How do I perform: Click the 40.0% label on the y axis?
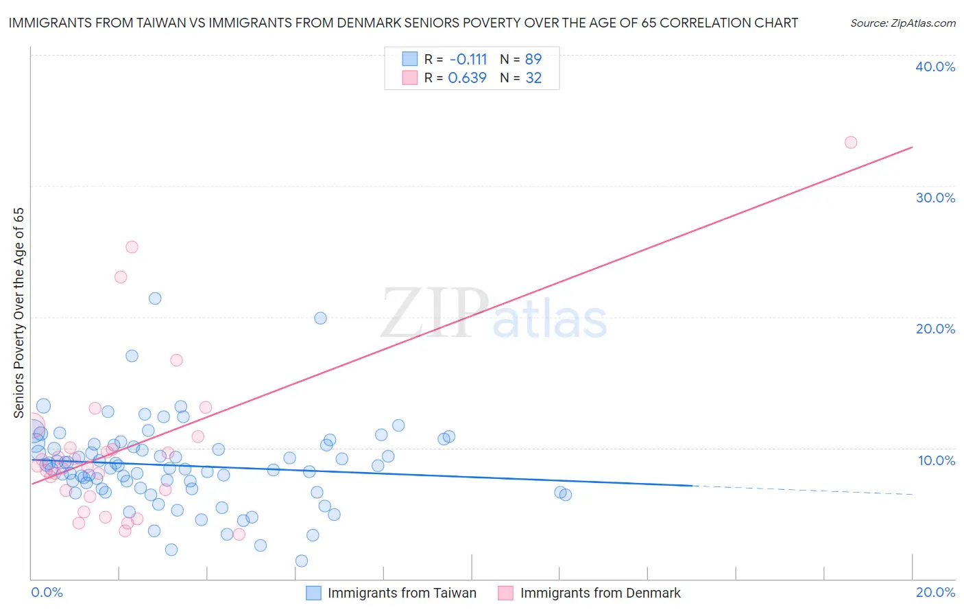tap(935, 67)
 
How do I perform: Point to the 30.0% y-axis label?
tap(935, 198)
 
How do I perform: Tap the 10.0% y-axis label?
tap(935, 460)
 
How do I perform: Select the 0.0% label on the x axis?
tap(47, 592)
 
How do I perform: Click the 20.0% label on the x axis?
tap(935, 592)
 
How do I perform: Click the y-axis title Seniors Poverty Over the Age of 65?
tap(19, 313)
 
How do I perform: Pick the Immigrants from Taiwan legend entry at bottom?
tap(402, 593)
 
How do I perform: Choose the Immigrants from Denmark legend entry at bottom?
tap(600, 593)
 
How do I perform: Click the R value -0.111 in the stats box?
tap(468, 59)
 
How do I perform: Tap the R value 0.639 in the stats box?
tap(467, 78)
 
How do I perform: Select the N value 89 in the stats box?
tap(533, 59)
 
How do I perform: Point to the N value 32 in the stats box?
tap(533, 78)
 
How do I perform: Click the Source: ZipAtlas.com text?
tap(902, 23)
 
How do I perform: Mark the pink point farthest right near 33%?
tap(851, 142)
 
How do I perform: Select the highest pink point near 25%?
tap(132, 247)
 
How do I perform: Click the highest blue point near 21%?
tap(155, 298)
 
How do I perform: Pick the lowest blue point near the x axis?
tap(302, 561)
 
